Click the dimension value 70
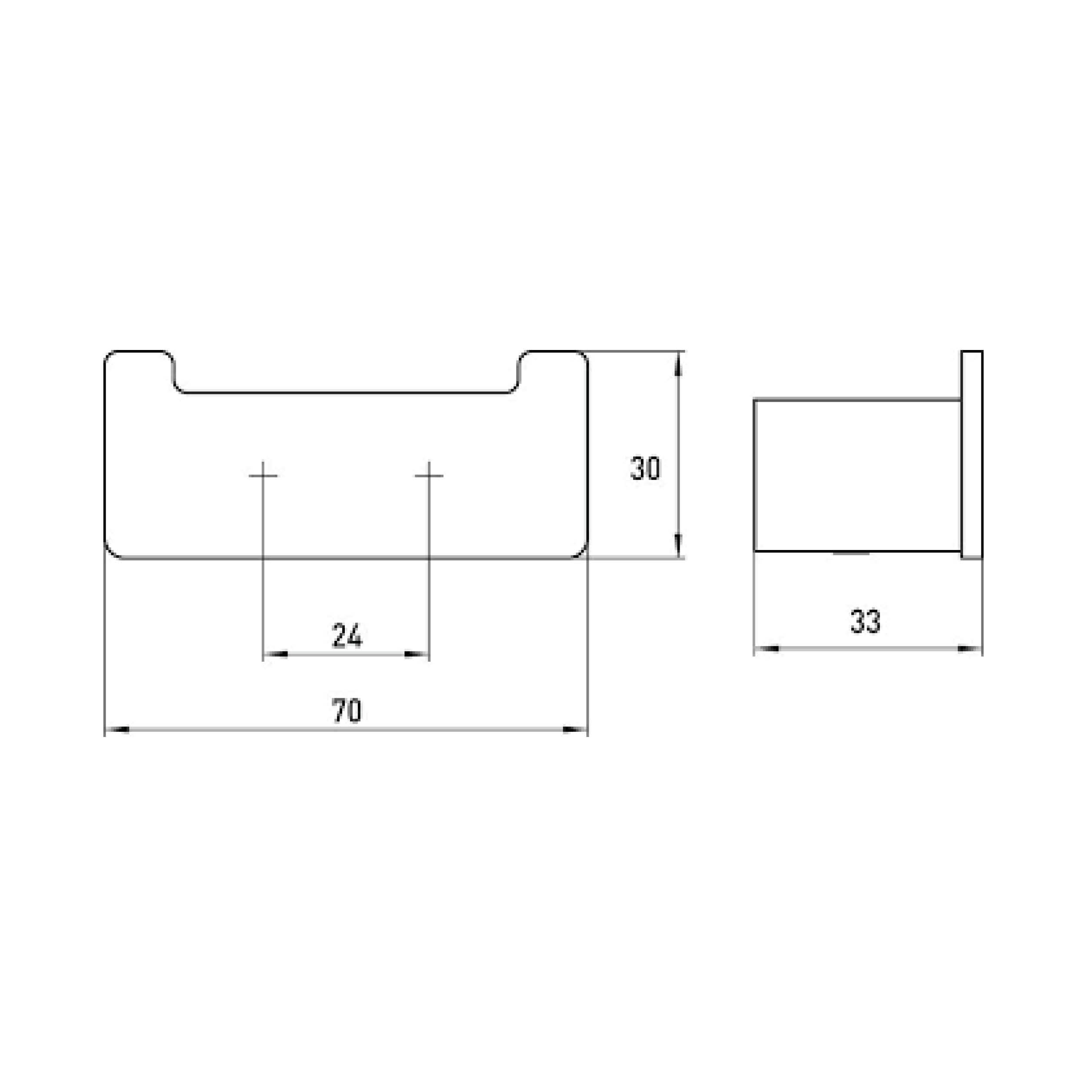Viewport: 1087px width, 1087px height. tap(347, 710)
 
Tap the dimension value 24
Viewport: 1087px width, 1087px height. tap(347, 636)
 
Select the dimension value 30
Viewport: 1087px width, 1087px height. tap(645, 468)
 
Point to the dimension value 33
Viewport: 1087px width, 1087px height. tap(865, 622)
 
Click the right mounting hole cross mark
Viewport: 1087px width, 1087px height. tap(429, 476)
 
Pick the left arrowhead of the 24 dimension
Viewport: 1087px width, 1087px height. tap(276, 654)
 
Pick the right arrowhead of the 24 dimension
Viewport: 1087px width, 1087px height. tap(417, 654)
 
